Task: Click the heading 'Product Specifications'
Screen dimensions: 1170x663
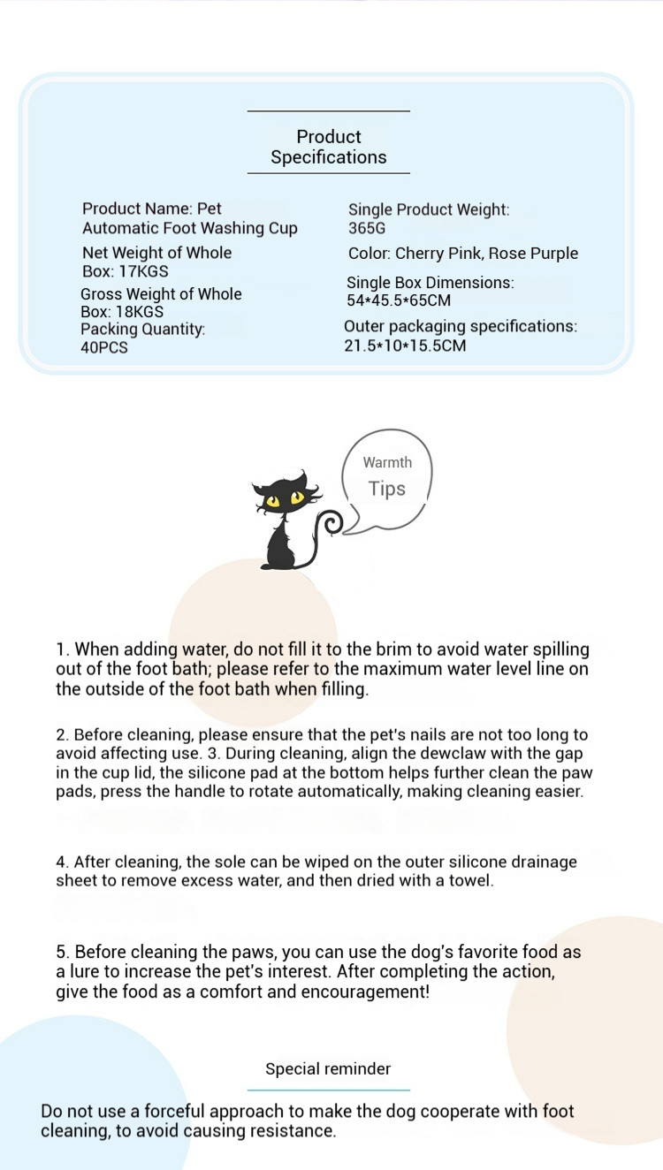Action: (x=329, y=147)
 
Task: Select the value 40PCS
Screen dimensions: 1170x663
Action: (x=104, y=347)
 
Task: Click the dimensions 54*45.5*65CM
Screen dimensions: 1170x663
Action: (x=399, y=300)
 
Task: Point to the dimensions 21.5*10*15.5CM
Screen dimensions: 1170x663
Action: (x=405, y=346)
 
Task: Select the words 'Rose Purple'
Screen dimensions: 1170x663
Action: (x=533, y=254)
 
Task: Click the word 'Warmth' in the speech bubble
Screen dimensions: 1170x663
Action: (x=387, y=462)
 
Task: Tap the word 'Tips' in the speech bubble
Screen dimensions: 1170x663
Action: (x=387, y=489)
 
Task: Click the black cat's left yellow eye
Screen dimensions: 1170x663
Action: (x=273, y=502)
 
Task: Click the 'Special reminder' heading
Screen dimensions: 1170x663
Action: (x=328, y=1069)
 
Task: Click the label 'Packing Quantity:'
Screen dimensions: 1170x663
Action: (x=143, y=330)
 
